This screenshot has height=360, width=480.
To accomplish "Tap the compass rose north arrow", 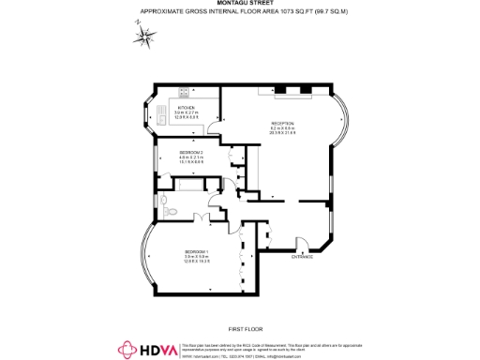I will point(144,37).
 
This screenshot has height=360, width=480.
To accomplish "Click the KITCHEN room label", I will point(186,108).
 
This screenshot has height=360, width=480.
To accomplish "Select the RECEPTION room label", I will point(283,125).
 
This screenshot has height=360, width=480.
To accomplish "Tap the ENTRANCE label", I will point(302,256).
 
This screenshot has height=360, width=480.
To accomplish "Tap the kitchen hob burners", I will point(184,91).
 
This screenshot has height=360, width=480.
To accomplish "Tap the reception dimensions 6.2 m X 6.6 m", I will point(283,129).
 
